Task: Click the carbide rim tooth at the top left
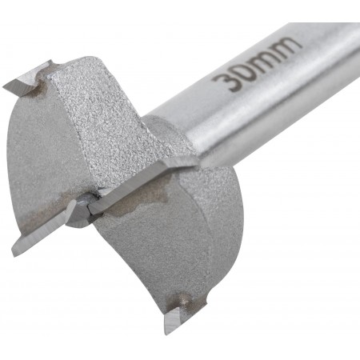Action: (x=26, y=79)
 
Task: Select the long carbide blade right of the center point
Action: (x=144, y=186)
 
